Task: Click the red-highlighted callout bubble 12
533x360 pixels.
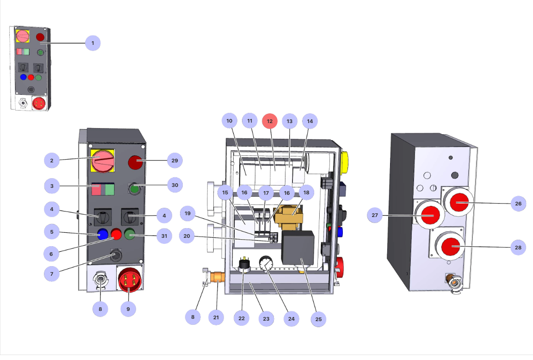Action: pyautogui.click(x=270, y=121)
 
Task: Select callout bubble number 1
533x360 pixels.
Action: pyautogui.click(x=93, y=43)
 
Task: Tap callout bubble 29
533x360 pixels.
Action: pyautogui.click(x=175, y=161)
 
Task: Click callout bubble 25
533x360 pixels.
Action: pyautogui.click(x=319, y=319)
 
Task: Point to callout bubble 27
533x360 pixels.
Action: pyautogui.click(x=375, y=215)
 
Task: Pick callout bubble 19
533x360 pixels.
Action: pyautogui.click(x=187, y=214)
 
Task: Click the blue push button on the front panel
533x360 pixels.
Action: pyautogui.click(x=102, y=234)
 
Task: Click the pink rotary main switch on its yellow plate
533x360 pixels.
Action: pyautogui.click(x=103, y=161)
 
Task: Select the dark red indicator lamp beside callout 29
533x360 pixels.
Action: pyautogui.click(x=135, y=162)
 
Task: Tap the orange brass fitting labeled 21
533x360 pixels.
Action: pyautogui.click(x=217, y=279)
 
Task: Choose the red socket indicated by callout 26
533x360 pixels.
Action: pyautogui.click(x=460, y=202)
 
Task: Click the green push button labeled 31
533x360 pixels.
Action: pyautogui.click(x=129, y=235)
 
